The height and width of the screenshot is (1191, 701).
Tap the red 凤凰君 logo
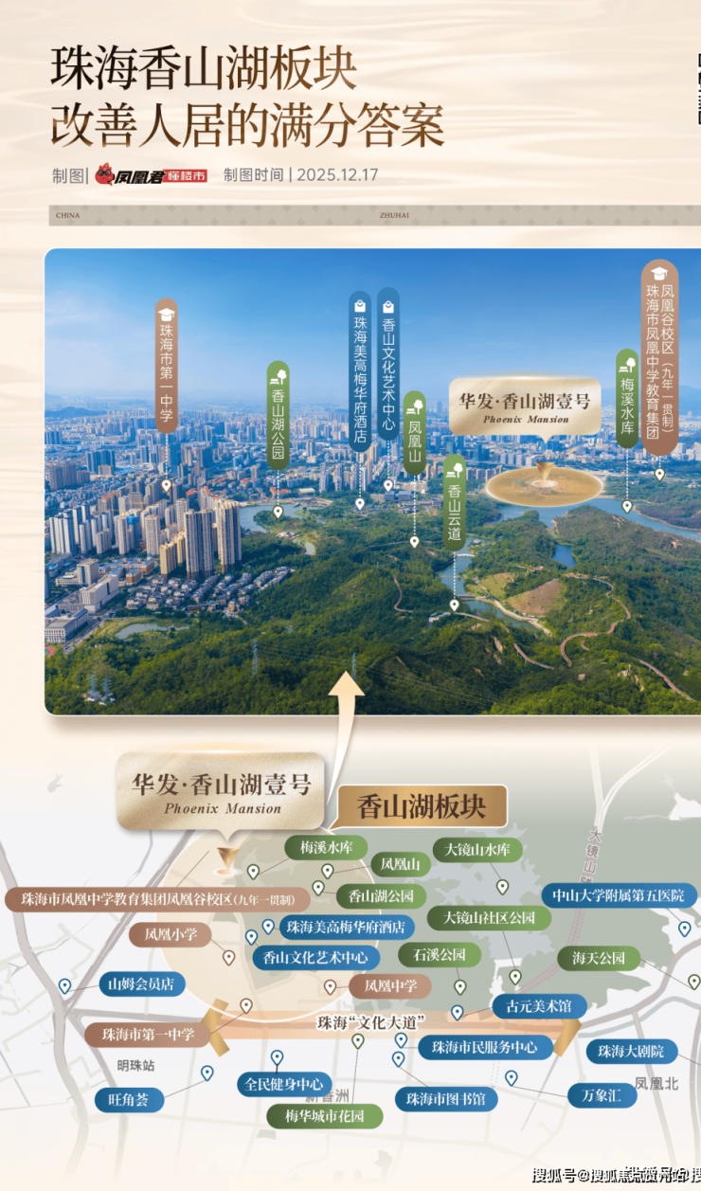point(151,176)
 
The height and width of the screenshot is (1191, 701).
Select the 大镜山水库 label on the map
point(478,850)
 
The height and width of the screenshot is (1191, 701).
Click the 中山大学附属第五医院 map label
point(619,895)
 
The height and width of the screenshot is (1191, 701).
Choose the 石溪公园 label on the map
point(433,954)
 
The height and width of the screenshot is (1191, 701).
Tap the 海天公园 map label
point(599,959)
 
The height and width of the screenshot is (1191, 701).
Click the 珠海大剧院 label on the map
point(632,1051)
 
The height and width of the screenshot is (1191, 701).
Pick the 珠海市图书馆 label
point(445,1099)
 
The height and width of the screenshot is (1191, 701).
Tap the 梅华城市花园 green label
point(325,1116)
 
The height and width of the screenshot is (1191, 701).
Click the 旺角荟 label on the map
point(129,1100)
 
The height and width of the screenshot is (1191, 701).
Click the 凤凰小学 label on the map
point(171,935)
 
